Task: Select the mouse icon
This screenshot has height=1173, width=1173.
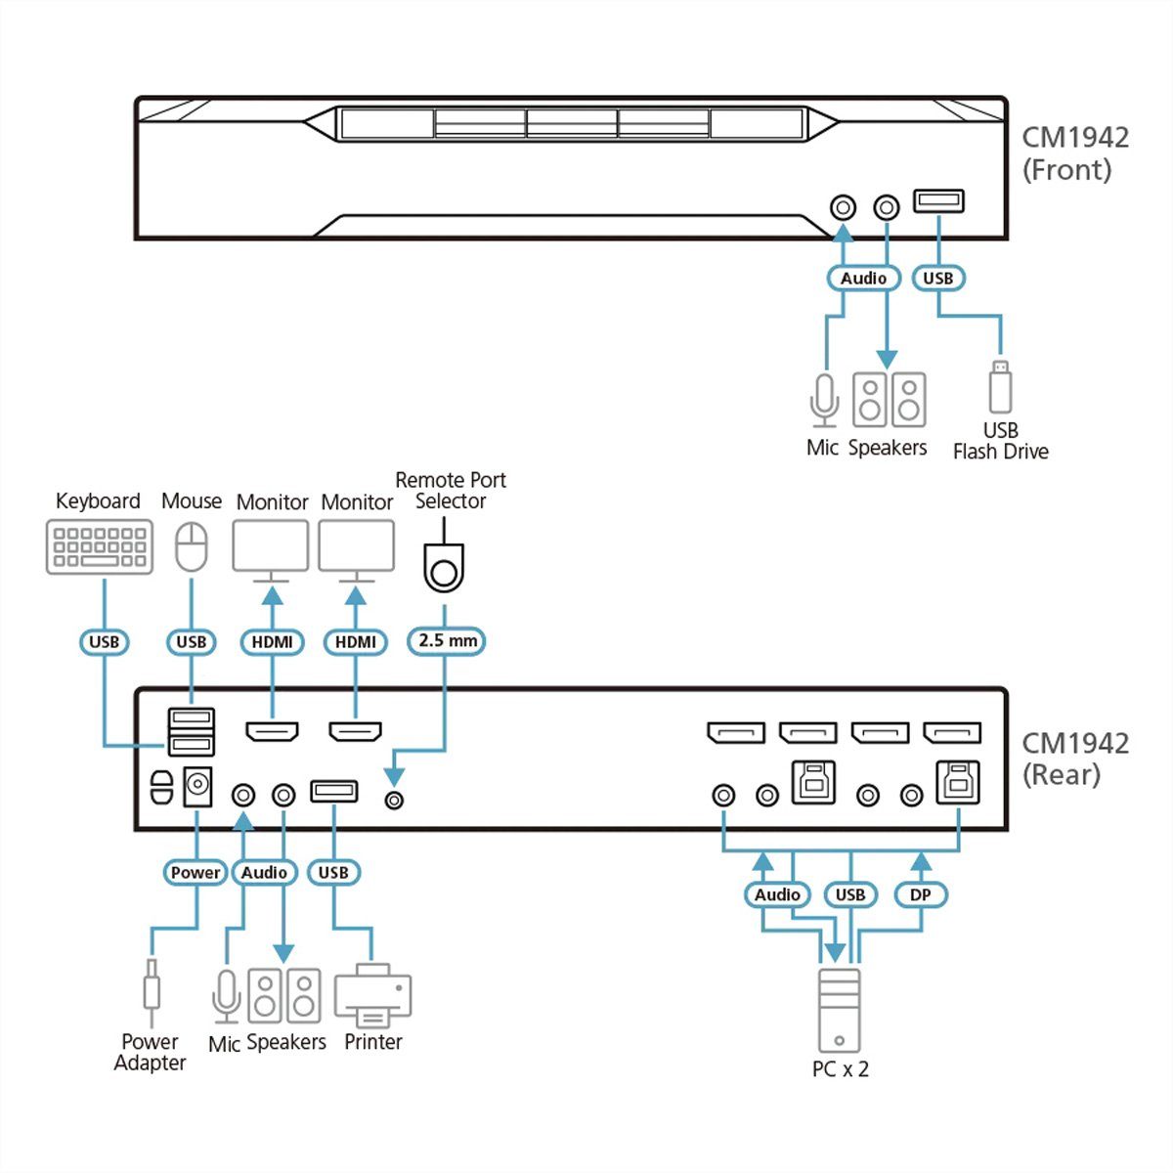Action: (x=192, y=546)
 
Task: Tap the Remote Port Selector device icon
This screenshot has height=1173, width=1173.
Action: (x=444, y=568)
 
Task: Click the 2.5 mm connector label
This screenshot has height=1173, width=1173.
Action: (x=447, y=641)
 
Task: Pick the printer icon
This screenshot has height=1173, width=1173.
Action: (x=372, y=995)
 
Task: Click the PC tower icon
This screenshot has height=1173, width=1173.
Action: (x=839, y=1011)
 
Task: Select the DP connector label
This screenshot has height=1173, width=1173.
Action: (x=920, y=894)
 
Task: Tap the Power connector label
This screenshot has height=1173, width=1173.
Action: (x=195, y=872)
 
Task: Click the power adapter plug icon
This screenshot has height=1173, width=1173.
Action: (x=151, y=991)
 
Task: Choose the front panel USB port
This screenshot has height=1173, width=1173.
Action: (x=938, y=201)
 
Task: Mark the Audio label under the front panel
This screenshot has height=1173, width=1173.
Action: (x=863, y=279)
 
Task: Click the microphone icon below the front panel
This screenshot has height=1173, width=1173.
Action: (x=824, y=400)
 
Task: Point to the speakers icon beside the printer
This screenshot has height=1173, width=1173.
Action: (x=284, y=996)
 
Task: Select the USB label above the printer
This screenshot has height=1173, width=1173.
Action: (x=333, y=872)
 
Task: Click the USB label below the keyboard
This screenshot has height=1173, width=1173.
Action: (x=104, y=642)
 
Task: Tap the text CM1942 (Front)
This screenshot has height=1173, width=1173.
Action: (x=1075, y=153)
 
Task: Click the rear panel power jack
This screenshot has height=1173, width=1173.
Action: (x=198, y=786)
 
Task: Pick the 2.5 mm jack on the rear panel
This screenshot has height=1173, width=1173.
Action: (x=395, y=800)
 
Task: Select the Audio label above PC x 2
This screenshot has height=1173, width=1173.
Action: (x=777, y=894)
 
